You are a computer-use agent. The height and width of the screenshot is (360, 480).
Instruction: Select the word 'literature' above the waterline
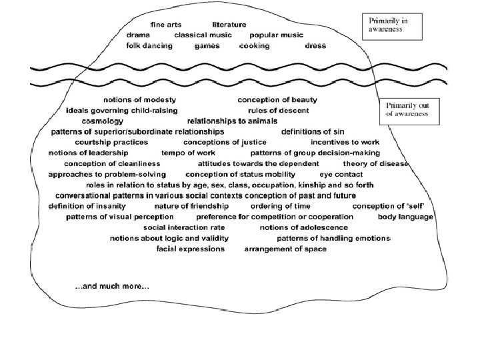tap(229, 25)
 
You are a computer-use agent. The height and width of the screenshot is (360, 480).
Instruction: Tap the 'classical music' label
tap(203, 35)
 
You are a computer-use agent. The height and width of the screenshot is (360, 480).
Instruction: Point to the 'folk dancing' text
tap(149, 47)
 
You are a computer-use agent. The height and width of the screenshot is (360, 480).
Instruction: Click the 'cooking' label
tap(255, 47)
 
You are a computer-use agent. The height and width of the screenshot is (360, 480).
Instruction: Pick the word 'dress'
tap(315, 47)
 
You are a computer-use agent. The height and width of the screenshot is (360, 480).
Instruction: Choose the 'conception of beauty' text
tap(277, 100)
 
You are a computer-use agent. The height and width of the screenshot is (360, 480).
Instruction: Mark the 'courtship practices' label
tap(111, 143)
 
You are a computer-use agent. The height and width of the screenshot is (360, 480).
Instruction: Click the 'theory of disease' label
tap(375, 164)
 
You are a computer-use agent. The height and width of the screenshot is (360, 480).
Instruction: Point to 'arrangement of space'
tap(285, 249)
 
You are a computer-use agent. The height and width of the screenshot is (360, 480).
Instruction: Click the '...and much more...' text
tap(112, 287)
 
